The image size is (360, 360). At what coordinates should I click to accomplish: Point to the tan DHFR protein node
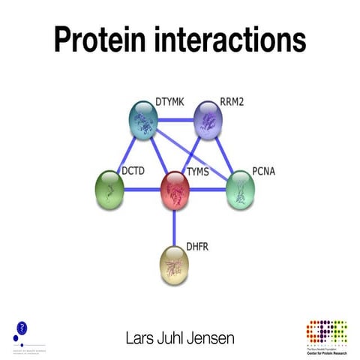tap(175, 265)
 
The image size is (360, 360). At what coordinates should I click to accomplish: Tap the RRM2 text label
tap(232, 100)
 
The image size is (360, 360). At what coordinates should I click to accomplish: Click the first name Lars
tap(140, 338)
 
